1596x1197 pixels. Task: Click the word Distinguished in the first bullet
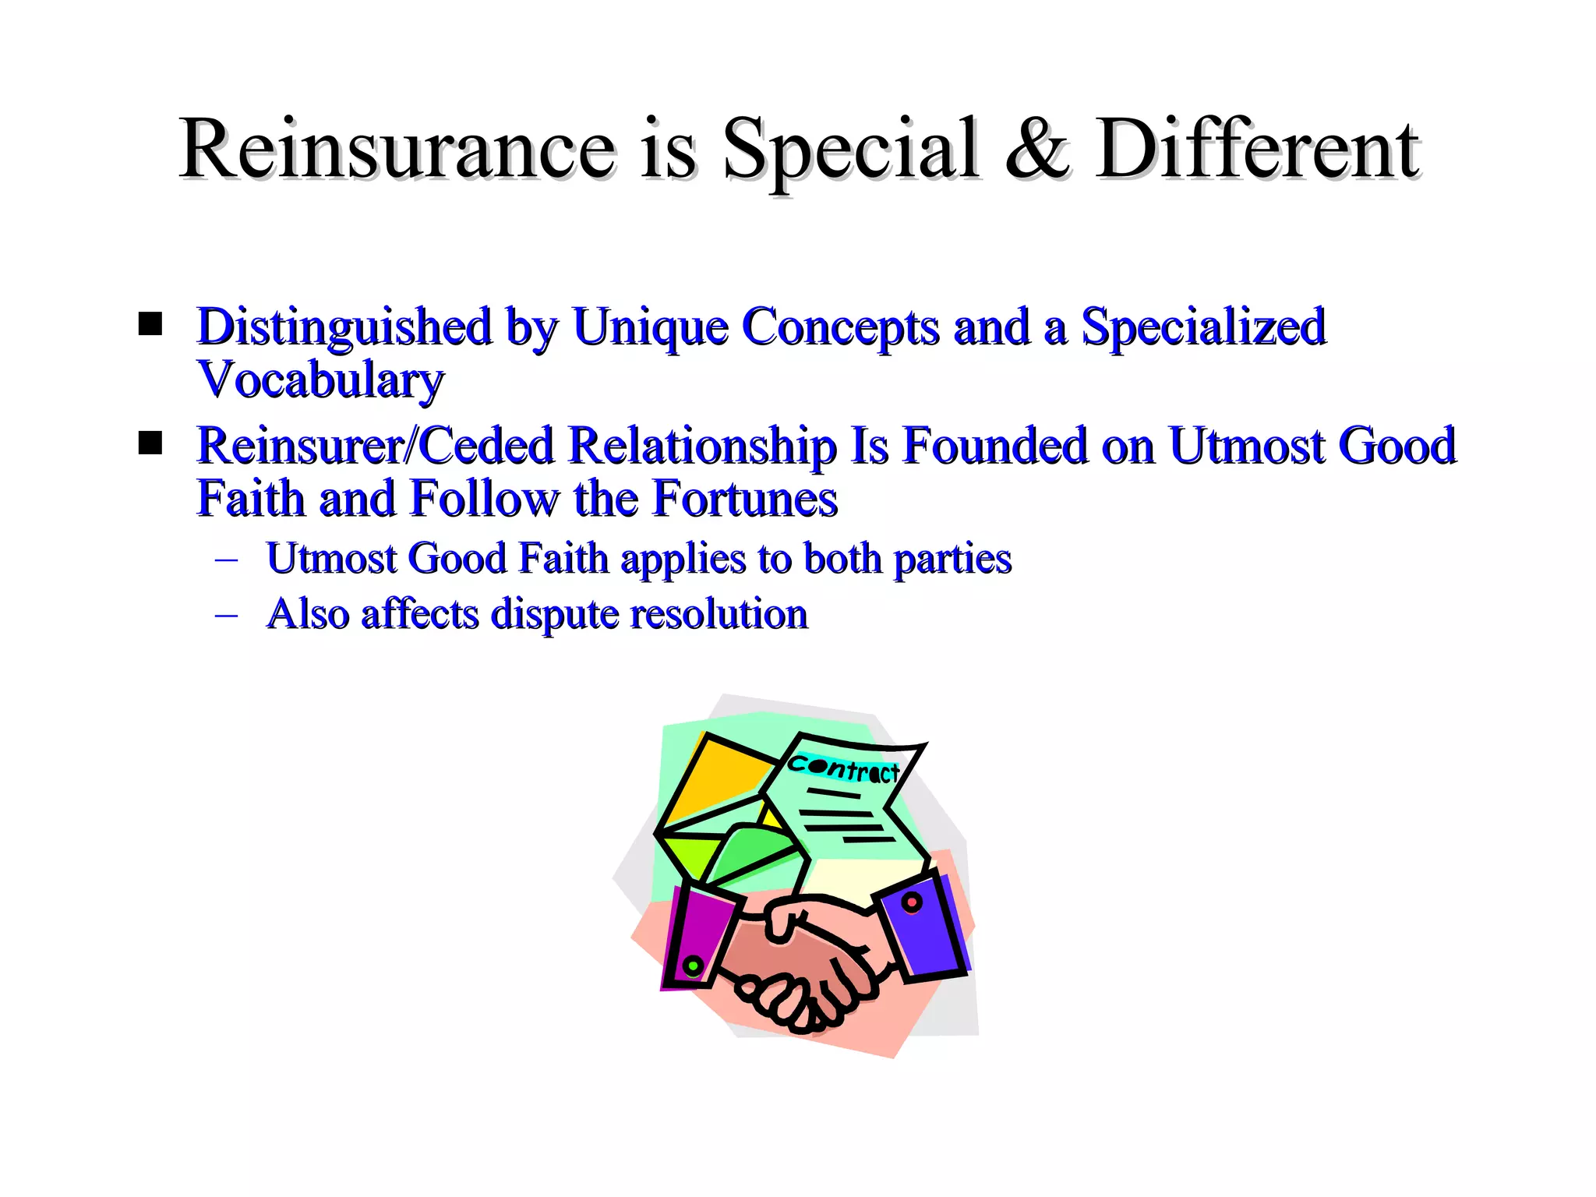pos(344,327)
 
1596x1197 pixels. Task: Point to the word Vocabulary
pos(320,380)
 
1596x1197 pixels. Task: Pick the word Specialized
pos(1203,327)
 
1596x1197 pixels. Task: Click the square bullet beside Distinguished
pos(150,323)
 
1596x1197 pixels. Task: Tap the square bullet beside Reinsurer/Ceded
pos(150,443)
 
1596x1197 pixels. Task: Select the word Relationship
pos(702,446)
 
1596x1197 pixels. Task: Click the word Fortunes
pos(744,499)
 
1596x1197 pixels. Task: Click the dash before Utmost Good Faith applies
pos(226,560)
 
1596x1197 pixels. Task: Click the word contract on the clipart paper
pos(843,768)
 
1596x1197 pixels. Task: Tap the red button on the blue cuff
pos(911,902)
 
